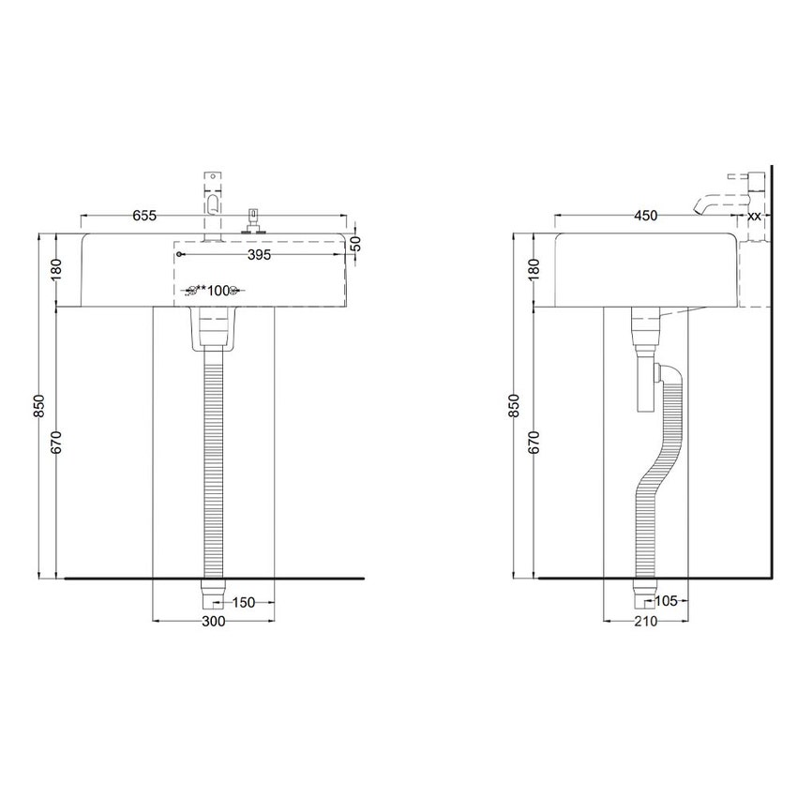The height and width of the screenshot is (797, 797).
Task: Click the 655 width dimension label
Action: (143, 216)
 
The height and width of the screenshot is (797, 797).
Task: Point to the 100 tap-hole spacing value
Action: (218, 290)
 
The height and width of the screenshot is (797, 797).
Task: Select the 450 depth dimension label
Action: (646, 216)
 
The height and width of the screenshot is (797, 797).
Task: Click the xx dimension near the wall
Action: (754, 216)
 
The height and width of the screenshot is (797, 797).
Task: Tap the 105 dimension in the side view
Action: (666, 602)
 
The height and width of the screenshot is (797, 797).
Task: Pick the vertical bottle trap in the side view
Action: (645, 375)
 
